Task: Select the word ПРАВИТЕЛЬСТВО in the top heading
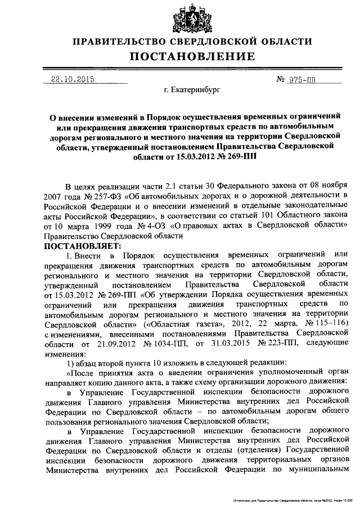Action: click(x=125, y=42)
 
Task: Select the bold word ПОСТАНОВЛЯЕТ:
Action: click(x=83, y=246)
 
